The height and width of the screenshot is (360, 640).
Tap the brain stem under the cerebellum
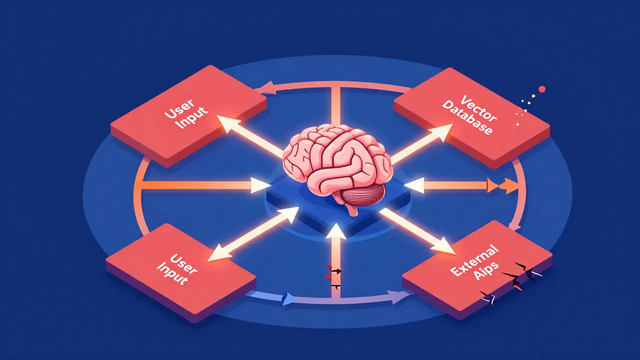tap(353, 210)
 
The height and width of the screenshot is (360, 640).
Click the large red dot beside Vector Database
tap(541, 89)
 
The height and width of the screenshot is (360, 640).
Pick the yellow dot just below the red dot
tap(533, 96)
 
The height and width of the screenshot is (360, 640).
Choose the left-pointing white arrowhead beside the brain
tap(414, 185)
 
